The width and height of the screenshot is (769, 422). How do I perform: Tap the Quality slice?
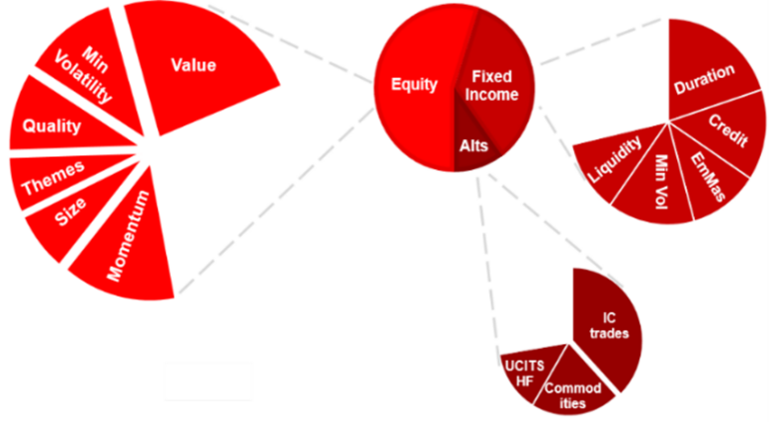point(55,126)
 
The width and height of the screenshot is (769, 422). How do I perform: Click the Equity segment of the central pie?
point(412,85)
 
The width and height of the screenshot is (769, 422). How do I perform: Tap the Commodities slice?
point(574,390)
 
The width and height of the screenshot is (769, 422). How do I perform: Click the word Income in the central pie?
point(494,95)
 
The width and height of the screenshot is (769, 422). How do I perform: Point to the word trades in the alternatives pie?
point(609,334)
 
